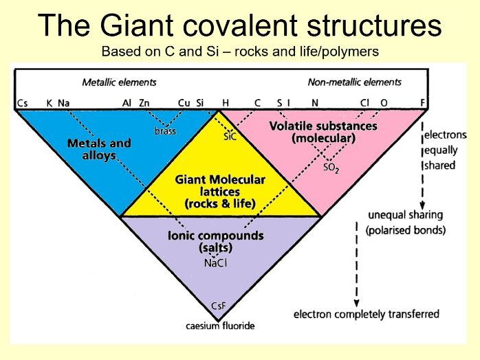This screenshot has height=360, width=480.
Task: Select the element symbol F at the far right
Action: click(x=422, y=103)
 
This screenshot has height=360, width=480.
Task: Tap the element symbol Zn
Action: click(x=144, y=103)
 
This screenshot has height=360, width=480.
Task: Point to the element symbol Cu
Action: click(x=184, y=103)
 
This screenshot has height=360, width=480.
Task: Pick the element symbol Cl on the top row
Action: click(x=365, y=103)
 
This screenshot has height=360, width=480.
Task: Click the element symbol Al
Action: click(x=127, y=103)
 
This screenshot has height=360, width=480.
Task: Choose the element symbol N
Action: click(x=315, y=103)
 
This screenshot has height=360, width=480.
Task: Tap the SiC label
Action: click(x=230, y=137)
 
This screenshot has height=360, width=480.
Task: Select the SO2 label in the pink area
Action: click(x=331, y=167)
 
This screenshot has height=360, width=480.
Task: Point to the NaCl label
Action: click(x=216, y=262)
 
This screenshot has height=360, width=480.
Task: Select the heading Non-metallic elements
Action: click(x=354, y=82)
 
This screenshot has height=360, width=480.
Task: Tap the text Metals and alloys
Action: click(x=99, y=149)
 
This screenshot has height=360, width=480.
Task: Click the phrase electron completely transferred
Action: click(x=367, y=314)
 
